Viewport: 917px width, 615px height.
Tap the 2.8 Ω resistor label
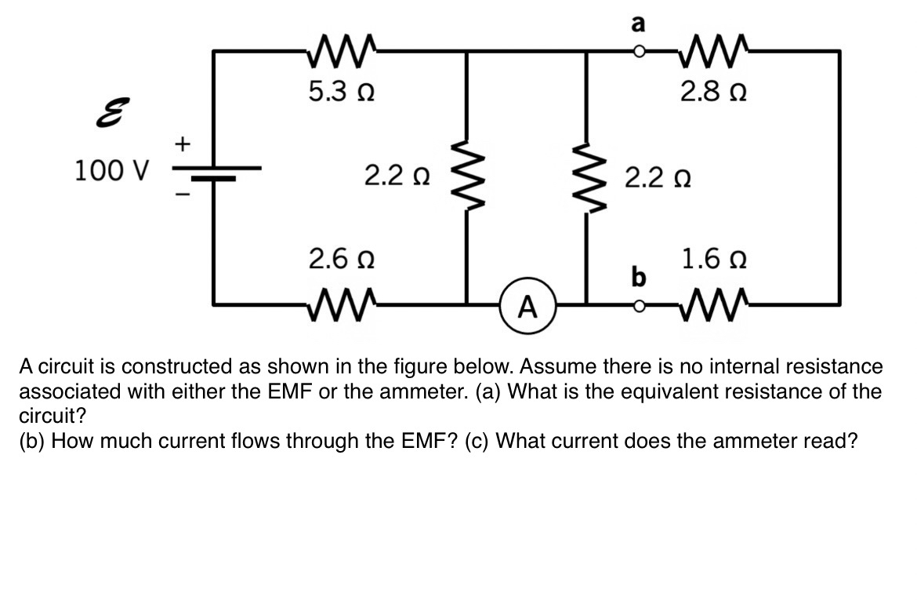pyautogui.click(x=712, y=93)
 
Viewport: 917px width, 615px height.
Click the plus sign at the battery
pyautogui.click(x=182, y=144)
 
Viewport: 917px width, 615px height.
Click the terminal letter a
pyautogui.click(x=639, y=24)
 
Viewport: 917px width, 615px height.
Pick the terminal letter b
pyautogui.click(x=639, y=277)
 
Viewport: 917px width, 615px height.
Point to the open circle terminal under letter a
pyautogui.click(x=640, y=53)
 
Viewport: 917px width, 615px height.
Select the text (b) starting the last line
pyautogui.click(x=33, y=441)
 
